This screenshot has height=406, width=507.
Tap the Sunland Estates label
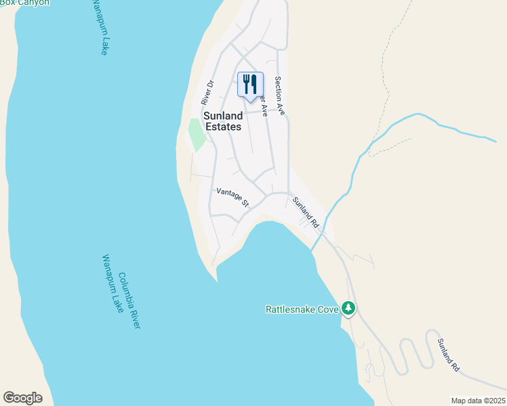pyautogui.click(x=223, y=121)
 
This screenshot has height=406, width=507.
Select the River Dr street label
pyautogui.click(x=207, y=93)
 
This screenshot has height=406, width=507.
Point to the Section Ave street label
pyautogui.click(x=279, y=95)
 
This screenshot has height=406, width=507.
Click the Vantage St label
pyautogui.click(x=232, y=197)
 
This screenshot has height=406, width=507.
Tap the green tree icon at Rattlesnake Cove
pyautogui.click(x=348, y=309)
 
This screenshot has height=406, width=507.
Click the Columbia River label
pyautogui.click(x=129, y=300)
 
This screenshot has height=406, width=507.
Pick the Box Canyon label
pyautogui.click(x=24, y=3)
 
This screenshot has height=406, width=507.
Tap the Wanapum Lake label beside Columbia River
pyautogui.click(x=110, y=284)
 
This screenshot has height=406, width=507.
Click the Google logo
pyautogui.click(x=22, y=398)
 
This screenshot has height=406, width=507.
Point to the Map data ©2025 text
pyautogui.click(x=479, y=401)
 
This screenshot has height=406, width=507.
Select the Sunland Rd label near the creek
pyautogui.click(x=306, y=212)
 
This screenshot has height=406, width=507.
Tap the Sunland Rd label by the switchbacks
pyautogui.click(x=448, y=355)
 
